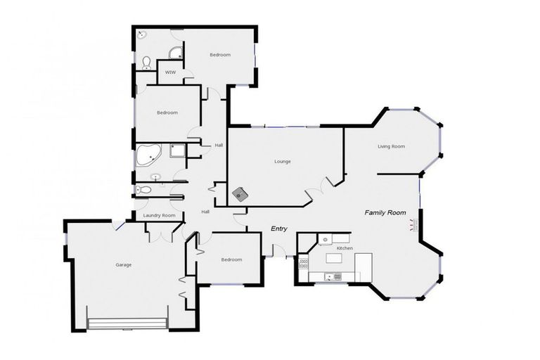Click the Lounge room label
click(x=283, y=161)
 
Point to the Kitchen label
click(x=345, y=248)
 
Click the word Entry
click(x=282, y=229)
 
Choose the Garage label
click(x=124, y=264)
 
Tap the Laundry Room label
click(x=158, y=215)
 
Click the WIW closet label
click(x=170, y=72)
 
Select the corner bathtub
click(x=149, y=155)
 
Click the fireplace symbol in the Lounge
click(x=241, y=193)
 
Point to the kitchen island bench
click(x=334, y=259)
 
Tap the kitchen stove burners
click(x=304, y=264)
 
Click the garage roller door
click(x=127, y=323)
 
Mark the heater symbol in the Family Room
click(x=413, y=225)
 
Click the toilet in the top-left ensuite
click(x=146, y=63)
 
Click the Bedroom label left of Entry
click(x=231, y=259)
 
